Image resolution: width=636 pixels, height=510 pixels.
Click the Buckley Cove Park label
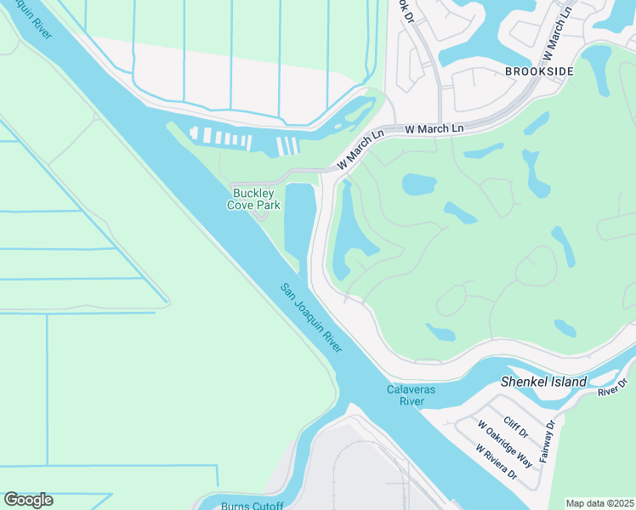pos(256,199)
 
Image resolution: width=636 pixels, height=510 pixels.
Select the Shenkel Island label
pos(543,382)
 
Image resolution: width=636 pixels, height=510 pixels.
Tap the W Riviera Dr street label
pos(497,462)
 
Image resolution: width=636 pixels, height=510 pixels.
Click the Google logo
pos(28,500)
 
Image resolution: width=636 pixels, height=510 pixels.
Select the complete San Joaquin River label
pos(312,319)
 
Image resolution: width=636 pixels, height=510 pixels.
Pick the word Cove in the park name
pos(243,205)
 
